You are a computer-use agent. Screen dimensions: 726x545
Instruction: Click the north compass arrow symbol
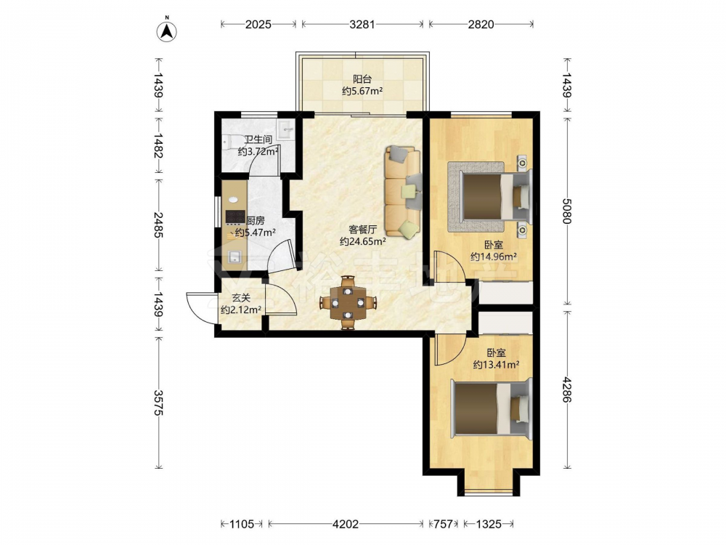coord(167,31)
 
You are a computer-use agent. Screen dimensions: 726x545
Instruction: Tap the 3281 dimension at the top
coord(362,24)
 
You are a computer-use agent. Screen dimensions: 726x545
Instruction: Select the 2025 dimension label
coord(258,24)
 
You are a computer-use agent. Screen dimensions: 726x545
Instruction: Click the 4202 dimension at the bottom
coord(346,524)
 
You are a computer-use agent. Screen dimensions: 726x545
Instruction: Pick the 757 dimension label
coord(443,524)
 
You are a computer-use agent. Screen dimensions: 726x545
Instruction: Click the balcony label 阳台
coord(362,79)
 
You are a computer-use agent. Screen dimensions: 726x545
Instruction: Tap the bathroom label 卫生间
coord(258,140)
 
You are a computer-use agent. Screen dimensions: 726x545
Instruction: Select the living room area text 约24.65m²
coord(362,241)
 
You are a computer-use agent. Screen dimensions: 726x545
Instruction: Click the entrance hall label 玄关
coord(241,298)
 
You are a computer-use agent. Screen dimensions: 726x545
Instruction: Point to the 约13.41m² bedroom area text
coord(496,365)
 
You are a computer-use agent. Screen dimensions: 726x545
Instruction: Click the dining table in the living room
coord(348,303)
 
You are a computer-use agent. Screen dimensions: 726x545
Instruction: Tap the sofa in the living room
coord(403,192)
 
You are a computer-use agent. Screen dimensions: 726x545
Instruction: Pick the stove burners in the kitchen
coord(235,217)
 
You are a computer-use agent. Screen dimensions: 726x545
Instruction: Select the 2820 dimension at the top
coord(481,24)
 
